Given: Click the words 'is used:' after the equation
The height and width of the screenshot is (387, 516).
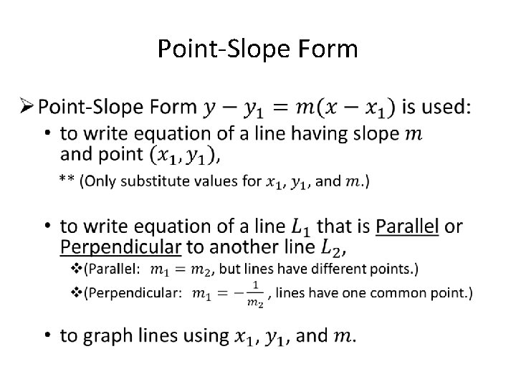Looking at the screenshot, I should pos(436,107).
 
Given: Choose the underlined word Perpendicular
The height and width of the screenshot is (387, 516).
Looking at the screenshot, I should pos(120,248).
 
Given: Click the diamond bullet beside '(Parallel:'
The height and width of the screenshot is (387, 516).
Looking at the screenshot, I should pos(77,269).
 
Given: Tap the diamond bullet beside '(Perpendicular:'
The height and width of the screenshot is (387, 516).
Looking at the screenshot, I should pos(77,292).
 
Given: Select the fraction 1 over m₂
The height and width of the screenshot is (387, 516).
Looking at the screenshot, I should pos(254,293).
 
